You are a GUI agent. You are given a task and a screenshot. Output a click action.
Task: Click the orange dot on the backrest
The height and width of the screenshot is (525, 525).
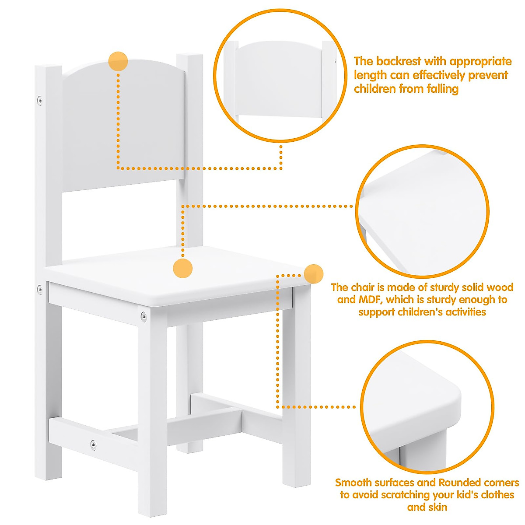pyautogui.click(x=118, y=61)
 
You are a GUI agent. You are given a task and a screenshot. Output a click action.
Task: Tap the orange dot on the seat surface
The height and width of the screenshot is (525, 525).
pyautogui.click(x=183, y=268)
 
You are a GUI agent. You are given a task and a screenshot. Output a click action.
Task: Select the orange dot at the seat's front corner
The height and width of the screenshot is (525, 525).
pyautogui.click(x=314, y=274)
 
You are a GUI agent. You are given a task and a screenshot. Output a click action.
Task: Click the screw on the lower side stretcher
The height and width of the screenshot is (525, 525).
pyautogui.click(x=93, y=444)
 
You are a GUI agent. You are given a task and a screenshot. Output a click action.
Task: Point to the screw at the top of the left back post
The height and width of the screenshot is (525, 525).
pyautogui.click(x=40, y=100)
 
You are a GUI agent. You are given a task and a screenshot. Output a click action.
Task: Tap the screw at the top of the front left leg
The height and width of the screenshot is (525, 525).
pyautogui.click(x=143, y=315)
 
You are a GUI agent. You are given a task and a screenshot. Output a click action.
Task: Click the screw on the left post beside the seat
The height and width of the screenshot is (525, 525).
pyautogui.click(x=39, y=288)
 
